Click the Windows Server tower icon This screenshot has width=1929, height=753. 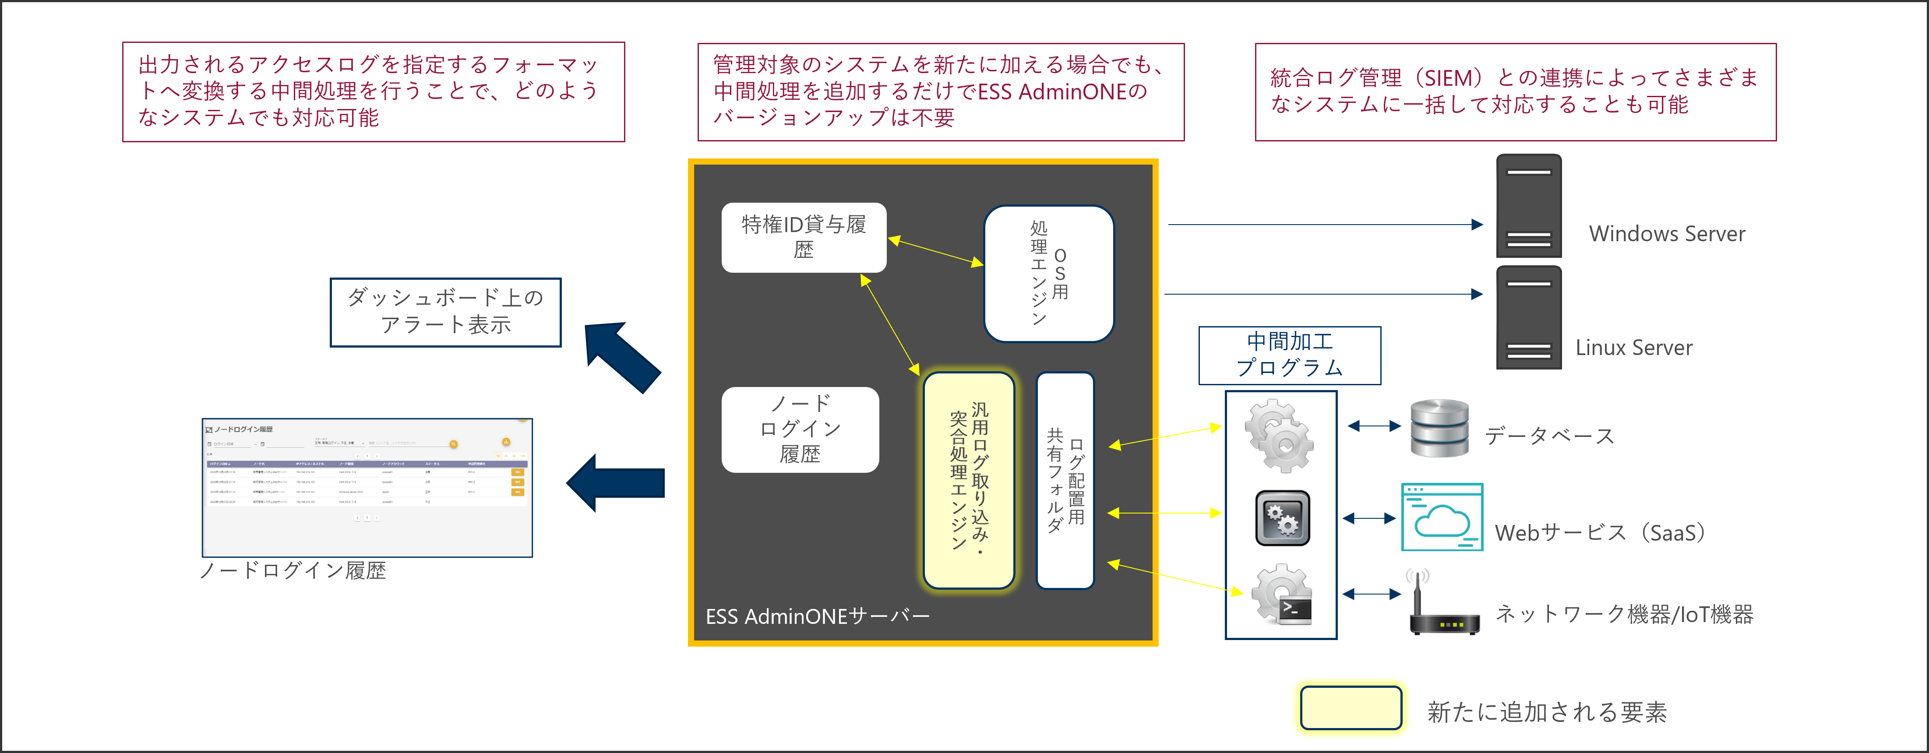tap(1528, 206)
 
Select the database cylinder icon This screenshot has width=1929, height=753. tap(1439, 428)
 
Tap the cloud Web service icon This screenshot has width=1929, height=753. tap(1442, 517)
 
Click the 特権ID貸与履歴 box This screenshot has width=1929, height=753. tap(804, 237)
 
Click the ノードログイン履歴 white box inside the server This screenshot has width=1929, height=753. tap(800, 429)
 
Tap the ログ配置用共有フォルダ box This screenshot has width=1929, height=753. tap(1065, 480)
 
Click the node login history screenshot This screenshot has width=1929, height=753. tap(367, 487)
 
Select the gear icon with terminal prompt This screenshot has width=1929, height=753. tap(1282, 595)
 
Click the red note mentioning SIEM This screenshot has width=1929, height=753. tap(1515, 91)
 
